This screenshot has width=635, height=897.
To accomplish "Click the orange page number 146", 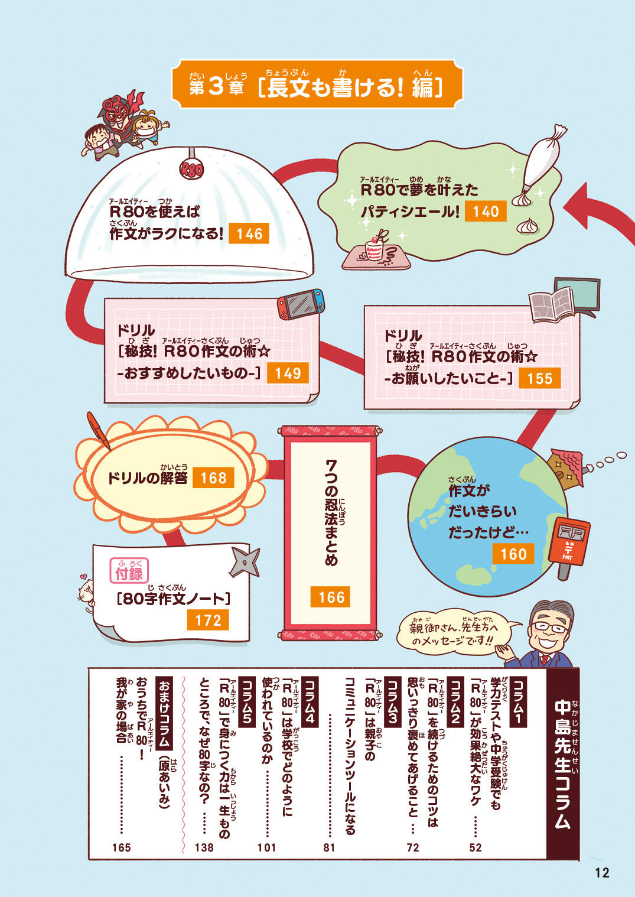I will (249, 234).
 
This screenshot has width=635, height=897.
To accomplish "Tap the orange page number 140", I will (486, 212).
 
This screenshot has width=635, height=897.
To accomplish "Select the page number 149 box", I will (288, 373).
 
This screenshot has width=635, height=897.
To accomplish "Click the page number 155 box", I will (539, 379).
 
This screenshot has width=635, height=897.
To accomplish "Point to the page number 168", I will (213, 477).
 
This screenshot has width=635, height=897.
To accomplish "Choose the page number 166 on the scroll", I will (331, 597).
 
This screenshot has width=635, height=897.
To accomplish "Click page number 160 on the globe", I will (513, 554).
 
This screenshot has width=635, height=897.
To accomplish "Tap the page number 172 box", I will (208, 620).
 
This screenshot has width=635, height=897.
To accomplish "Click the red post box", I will (568, 542).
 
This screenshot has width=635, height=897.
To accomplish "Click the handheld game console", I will (301, 304).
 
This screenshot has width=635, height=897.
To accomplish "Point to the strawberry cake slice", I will (375, 249).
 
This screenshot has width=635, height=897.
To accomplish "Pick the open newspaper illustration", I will (552, 304).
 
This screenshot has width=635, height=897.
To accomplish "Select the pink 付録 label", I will (129, 572).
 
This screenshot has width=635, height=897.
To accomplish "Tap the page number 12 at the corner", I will (601, 873).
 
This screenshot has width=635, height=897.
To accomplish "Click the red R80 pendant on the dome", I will (191, 170).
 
